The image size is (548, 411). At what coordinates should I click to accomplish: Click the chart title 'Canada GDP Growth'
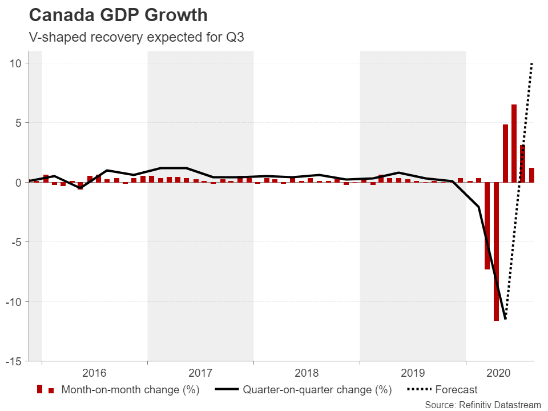click(x=119, y=15)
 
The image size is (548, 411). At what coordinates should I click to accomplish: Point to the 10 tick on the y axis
click(x=15, y=63)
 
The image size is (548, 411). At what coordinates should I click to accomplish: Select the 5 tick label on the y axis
click(x=18, y=123)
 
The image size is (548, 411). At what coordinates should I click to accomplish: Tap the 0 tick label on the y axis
click(x=18, y=183)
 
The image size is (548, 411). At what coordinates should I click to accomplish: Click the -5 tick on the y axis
click(x=16, y=242)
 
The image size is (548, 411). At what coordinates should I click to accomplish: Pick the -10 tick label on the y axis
click(x=14, y=302)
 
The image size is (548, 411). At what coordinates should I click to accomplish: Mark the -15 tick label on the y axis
click(x=14, y=361)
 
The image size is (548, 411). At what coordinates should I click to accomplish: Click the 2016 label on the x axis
click(x=94, y=373)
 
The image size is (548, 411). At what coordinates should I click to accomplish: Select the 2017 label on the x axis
click(x=200, y=373)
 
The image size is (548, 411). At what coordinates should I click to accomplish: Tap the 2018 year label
click(x=307, y=373)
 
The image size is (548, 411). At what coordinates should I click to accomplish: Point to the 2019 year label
click(x=413, y=373)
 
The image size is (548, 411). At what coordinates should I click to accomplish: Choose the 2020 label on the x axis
click(x=499, y=373)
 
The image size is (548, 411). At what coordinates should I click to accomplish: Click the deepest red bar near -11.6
click(x=496, y=251)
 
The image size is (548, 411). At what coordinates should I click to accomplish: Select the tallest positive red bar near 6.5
click(x=514, y=143)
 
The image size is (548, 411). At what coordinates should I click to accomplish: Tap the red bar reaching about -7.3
click(x=487, y=225)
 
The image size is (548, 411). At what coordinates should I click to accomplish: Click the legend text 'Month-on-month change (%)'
click(x=130, y=390)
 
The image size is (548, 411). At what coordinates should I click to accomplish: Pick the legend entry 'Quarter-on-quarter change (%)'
click(x=317, y=390)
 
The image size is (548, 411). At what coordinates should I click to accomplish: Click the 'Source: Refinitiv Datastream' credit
click(x=482, y=404)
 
